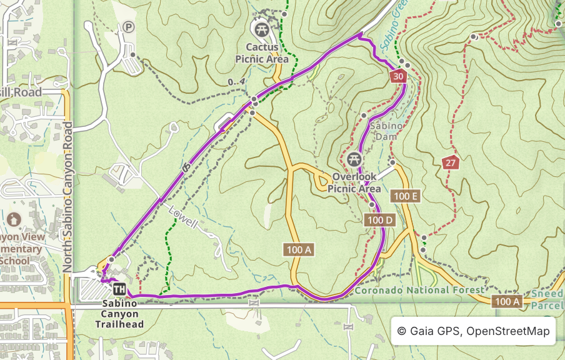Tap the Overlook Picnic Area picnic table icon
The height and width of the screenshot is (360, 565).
[x=354, y=160]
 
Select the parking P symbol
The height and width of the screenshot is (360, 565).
[x=128, y=27]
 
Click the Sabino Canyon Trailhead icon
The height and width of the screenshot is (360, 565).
[x=119, y=289]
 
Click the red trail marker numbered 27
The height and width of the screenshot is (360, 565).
[x=449, y=163]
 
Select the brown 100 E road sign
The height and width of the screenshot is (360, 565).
[x=406, y=196]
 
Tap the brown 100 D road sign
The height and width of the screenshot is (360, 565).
[x=379, y=220]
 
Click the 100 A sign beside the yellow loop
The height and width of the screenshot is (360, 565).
[x=299, y=250]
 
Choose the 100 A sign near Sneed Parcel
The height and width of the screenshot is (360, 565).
[x=507, y=302]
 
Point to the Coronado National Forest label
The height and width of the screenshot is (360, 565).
[x=419, y=290]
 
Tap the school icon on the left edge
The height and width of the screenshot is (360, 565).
[x=14, y=219]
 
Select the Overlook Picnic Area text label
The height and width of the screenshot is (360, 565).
[x=354, y=182]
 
